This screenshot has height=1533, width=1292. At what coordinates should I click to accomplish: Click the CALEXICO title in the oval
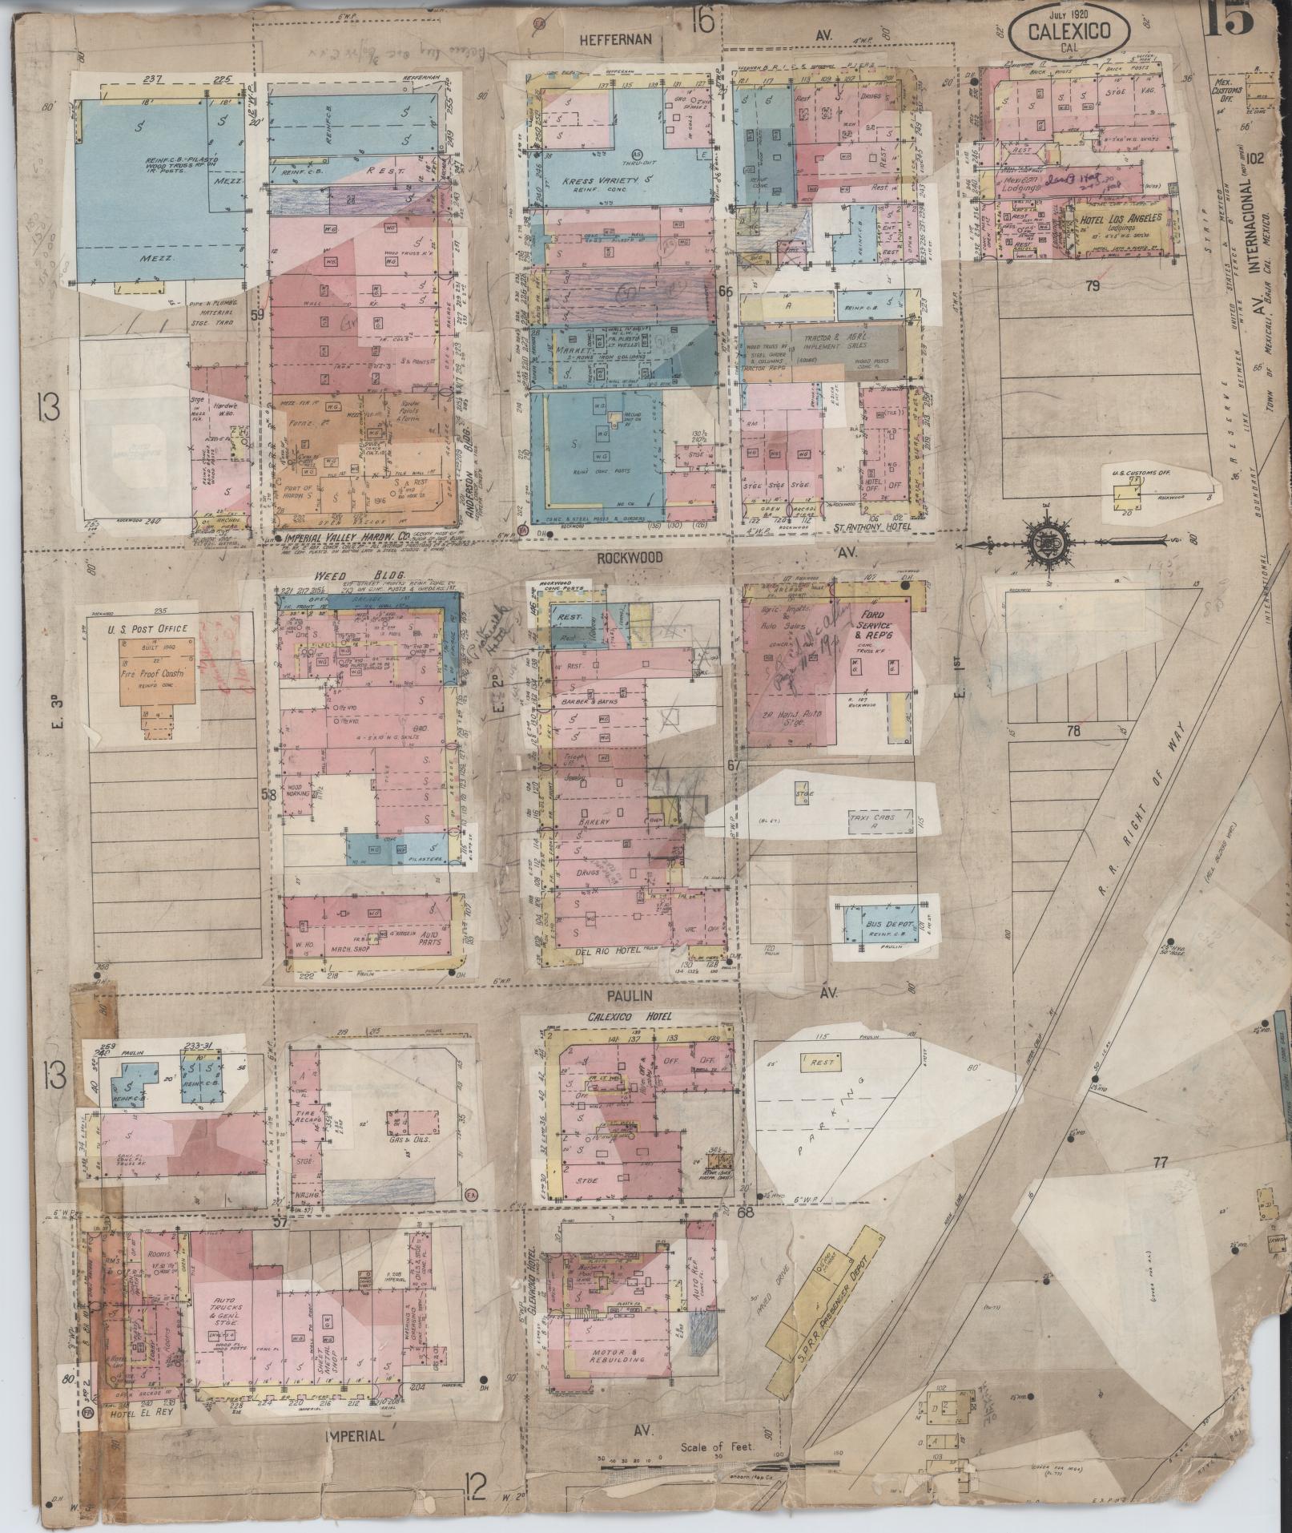pos(1069,32)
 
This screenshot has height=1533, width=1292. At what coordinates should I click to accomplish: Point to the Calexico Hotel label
pos(621,1017)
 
